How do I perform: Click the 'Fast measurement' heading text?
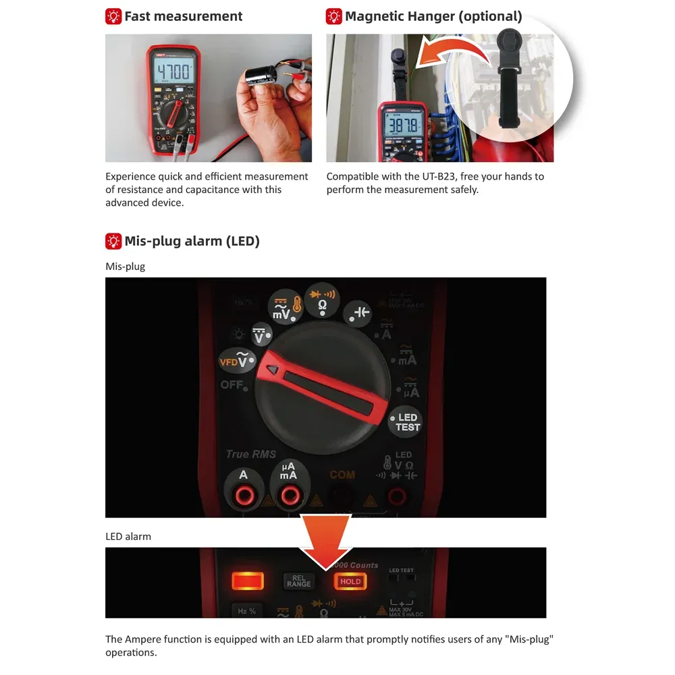point(183,16)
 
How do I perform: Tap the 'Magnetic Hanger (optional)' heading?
point(433,16)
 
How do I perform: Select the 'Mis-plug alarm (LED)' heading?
point(192,241)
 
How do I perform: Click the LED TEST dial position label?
point(407,423)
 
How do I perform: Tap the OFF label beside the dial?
point(232,385)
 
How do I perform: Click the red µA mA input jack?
point(289,496)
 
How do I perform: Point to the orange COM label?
point(342,475)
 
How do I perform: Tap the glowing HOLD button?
point(350,581)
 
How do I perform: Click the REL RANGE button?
point(299,581)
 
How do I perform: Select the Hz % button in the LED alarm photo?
point(246,611)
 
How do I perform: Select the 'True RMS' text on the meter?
point(251,454)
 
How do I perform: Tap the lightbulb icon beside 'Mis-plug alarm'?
point(113,241)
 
